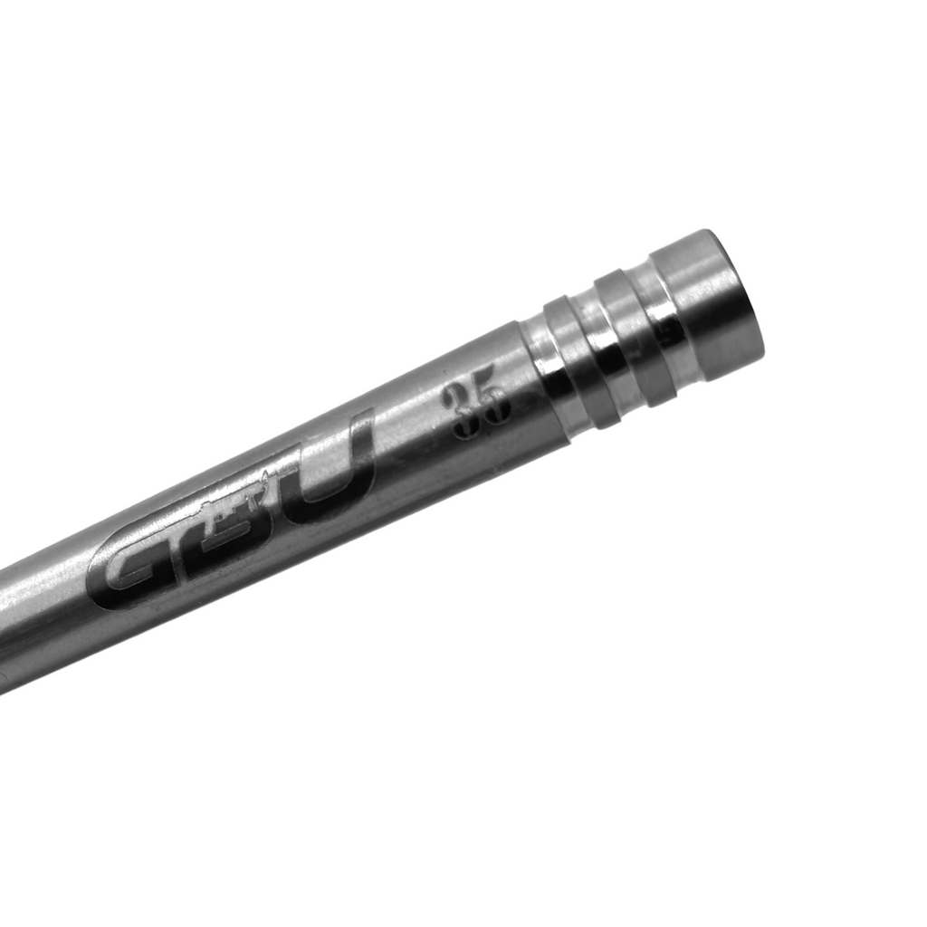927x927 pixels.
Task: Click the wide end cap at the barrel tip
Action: [706, 303]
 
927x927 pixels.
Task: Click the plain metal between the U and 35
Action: [403, 430]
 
